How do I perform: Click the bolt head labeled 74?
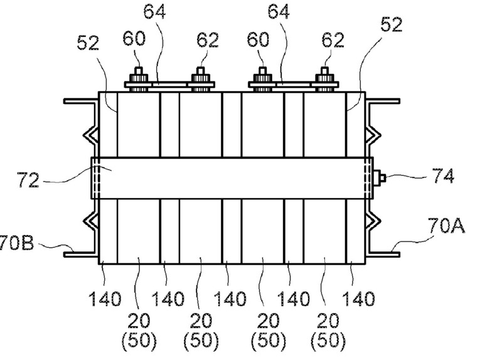coord(380,178)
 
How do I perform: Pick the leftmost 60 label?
coord(134,39)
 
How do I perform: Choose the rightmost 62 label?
coord(332,40)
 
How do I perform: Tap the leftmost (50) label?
coord(139,342)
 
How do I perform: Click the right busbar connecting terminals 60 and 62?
coord(295,82)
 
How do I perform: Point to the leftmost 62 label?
coord(206,40)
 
